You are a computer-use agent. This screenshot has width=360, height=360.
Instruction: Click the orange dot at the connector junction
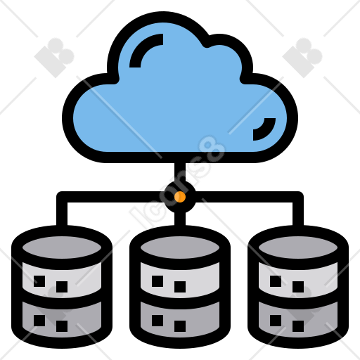(x=180, y=197)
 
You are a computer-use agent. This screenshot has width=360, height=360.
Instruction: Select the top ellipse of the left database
(x=62, y=247)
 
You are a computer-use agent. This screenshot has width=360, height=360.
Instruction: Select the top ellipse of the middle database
(x=180, y=247)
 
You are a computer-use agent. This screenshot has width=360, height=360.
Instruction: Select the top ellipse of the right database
(x=298, y=247)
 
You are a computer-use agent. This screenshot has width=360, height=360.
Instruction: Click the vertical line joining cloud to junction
(x=180, y=172)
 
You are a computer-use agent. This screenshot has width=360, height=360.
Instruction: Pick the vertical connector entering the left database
(x=62, y=212)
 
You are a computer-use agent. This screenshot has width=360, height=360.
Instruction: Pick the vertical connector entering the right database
(x=298, y=212)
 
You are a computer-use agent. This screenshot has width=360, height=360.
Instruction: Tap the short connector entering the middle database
(x=180, y=219)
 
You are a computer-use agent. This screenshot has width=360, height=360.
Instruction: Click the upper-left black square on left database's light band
(x=39, y=281)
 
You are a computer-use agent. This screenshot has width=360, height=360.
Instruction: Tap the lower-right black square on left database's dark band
(x=62, y=326)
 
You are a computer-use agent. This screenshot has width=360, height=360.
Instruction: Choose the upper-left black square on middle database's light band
(x=157, y=281)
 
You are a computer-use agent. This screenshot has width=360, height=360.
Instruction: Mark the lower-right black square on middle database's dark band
(x=180, y=326)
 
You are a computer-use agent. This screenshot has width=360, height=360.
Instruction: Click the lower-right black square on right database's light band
(x=298, y=287)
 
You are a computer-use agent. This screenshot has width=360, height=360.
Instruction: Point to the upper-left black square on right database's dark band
(x=276, y=321)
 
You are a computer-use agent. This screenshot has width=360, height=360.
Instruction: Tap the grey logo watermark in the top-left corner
(x=54, y=58)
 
